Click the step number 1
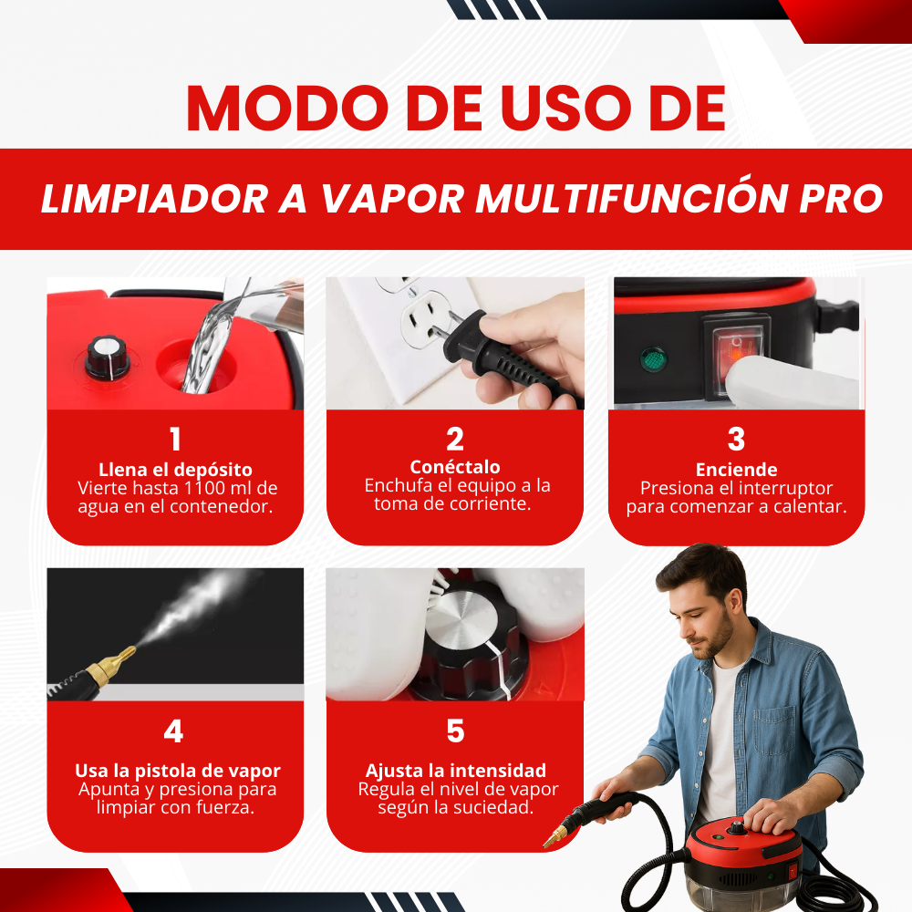point(175,440)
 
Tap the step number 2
point(455,439)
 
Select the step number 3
point(736,439)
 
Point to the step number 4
point(174,731)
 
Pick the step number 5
point(455,731)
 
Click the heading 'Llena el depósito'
point(176,471)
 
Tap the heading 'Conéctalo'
point(455,467)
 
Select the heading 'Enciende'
point(736,470)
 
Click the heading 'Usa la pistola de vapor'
point(177,771)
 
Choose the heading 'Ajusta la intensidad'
point(456,771)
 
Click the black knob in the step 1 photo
point(108,356)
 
